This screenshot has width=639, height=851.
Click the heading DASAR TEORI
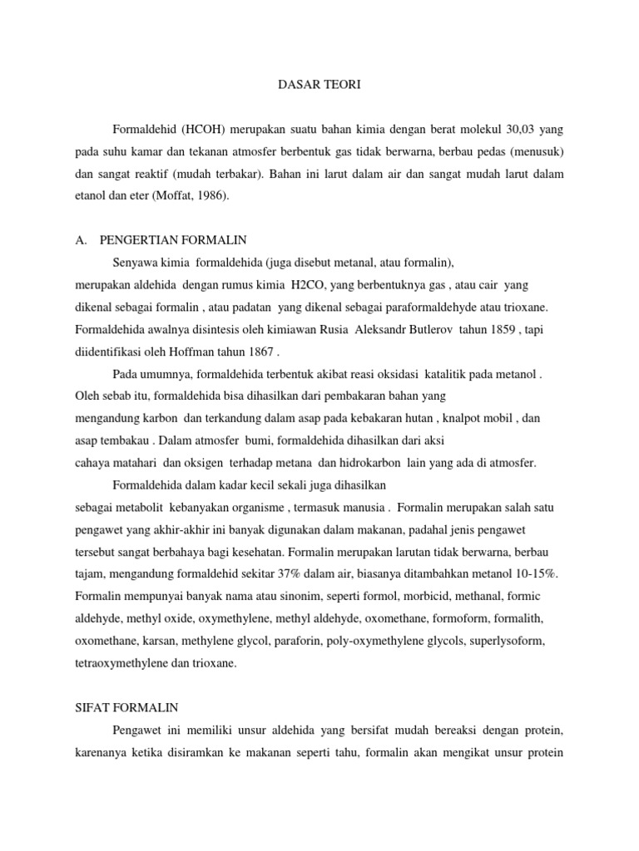[319, 85]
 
